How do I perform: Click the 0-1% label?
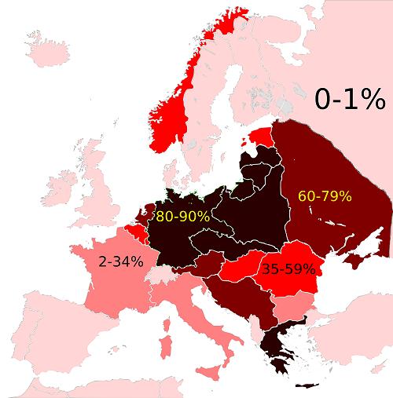coord(349,100)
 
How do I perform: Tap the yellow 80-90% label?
coord(182,216)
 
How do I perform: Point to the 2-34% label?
coord(121,261)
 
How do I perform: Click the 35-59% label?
coord(288,268)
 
